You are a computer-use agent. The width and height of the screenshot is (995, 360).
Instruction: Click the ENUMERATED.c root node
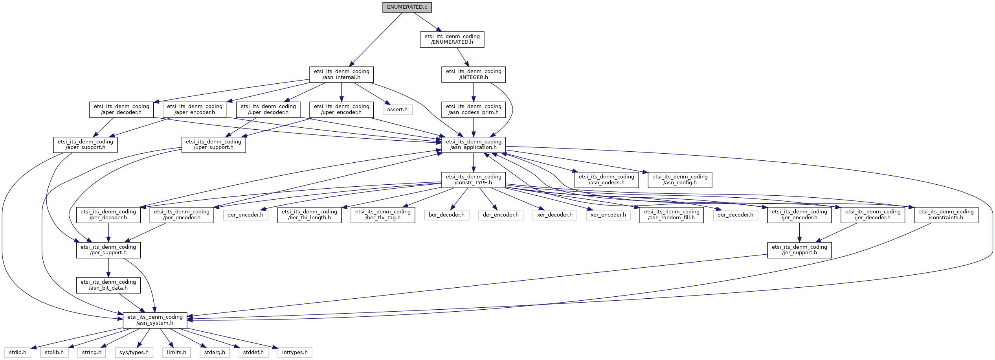[407, 7]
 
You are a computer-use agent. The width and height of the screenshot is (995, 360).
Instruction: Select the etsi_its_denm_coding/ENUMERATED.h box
[452, 39]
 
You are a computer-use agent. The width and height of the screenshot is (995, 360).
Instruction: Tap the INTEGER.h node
[473, 74]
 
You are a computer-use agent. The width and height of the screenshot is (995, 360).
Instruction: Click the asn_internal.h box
[341, 74]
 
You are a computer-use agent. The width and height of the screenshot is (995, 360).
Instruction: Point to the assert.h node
[397, 109]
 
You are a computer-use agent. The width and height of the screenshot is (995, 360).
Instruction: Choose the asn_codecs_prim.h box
[473, 109]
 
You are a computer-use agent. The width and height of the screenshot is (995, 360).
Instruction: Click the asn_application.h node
[473, 145]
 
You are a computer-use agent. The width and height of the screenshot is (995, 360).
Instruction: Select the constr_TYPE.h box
[473, 180]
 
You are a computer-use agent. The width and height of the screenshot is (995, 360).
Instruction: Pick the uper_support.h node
[213, 145]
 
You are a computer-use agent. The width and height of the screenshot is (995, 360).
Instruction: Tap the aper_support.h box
[85, 145]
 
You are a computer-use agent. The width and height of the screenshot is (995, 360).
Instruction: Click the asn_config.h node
[679, 180]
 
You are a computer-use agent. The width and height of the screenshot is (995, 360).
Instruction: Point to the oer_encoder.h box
[245, 215]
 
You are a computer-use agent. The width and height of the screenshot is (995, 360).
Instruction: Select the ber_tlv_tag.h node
[383, 215]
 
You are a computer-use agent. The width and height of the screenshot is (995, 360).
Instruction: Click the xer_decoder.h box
[554, 215]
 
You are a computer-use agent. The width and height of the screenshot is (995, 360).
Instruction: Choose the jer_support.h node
[799, 250]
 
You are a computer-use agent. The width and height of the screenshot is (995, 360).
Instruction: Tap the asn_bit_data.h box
[108, 285]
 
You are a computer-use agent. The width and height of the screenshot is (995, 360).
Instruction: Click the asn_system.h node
[155, 320]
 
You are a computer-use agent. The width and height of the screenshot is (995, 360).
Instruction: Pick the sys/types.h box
[134, 353]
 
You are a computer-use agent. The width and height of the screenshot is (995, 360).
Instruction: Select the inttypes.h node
[295, 353]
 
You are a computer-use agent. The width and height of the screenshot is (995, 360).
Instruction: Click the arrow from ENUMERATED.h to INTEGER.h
[463, 57]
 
